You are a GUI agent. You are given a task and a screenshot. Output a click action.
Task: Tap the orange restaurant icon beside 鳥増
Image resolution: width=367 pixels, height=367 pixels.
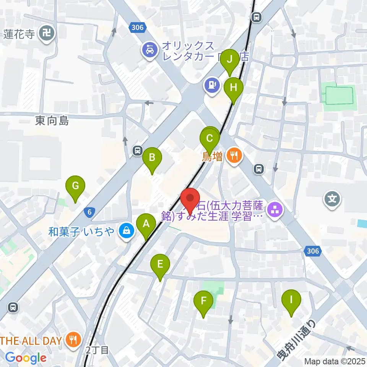click(x=233, y=156)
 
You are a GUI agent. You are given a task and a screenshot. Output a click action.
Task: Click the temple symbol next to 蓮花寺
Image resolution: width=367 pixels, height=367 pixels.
click(x=49, y=34)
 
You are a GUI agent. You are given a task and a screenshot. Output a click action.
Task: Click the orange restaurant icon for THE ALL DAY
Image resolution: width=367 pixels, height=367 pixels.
click(x=71, y=339)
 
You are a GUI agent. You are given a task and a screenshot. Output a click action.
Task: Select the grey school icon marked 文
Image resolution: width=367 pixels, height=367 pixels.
click(x=332, y=199)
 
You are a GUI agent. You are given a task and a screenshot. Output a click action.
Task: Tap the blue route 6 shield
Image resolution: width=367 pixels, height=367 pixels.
click(x=89, y=213)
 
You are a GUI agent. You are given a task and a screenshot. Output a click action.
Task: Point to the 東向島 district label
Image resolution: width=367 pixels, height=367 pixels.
click(x=52, y=121)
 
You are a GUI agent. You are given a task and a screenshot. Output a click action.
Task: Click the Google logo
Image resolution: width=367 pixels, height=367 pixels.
click(x=26, y=358)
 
